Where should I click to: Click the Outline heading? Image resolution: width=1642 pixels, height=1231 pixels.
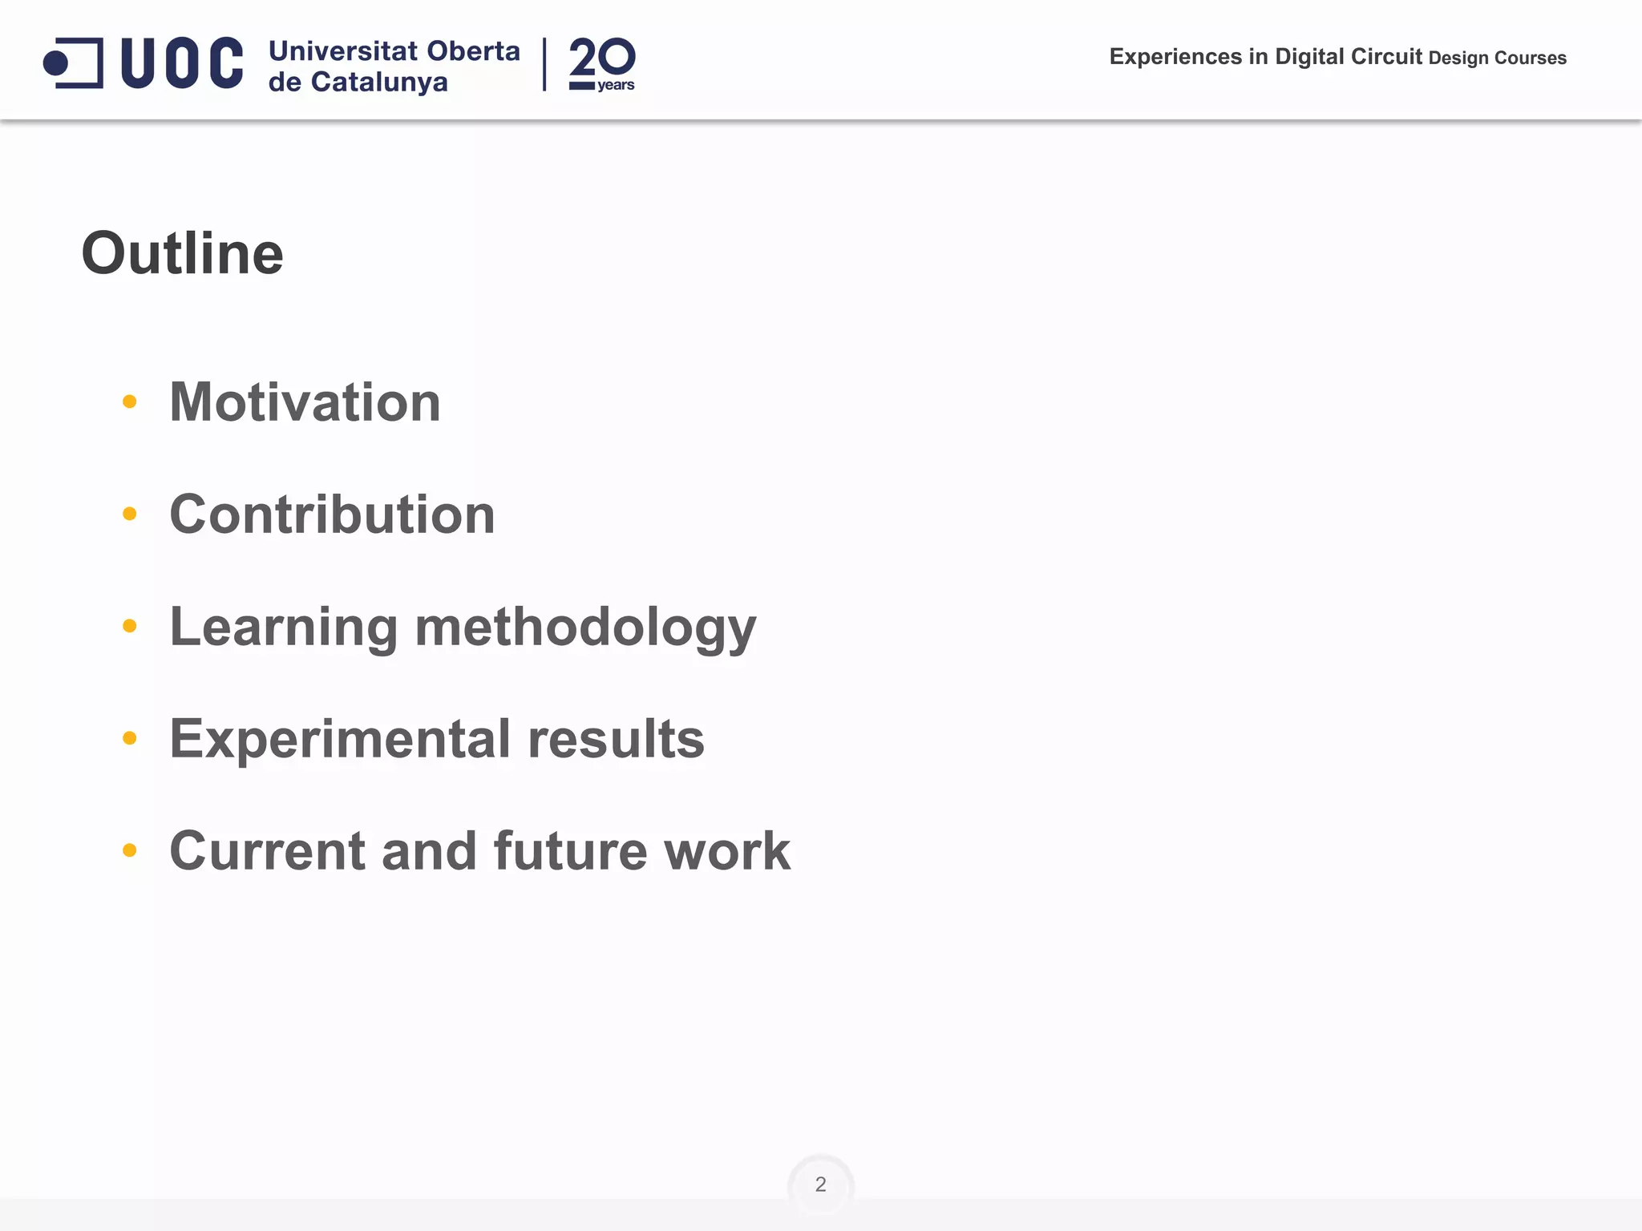pos(183,253)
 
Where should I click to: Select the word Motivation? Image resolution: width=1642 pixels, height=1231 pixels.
pos(305,402)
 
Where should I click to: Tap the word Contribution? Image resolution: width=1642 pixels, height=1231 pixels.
pos(332,514)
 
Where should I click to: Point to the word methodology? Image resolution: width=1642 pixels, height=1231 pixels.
pos(585,627)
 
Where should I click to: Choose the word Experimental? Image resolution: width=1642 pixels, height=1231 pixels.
pos(340,739)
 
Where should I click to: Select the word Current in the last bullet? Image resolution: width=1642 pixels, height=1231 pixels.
pos(268,850)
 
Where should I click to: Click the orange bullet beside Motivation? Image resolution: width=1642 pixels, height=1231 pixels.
pos(130,402)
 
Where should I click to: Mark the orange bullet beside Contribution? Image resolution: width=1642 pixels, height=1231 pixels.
pos(130,514)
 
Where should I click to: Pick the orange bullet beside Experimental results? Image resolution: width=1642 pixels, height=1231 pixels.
pos(130,738)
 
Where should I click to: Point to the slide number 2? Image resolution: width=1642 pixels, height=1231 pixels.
pos(820,1184)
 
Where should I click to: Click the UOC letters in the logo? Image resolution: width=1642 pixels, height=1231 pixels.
pos(182,63)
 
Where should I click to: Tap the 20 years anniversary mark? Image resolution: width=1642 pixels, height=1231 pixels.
pos(602,64)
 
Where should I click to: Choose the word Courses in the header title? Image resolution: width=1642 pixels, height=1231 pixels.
pos(1531,58)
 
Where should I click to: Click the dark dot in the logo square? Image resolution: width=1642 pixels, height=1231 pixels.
pos(56,63)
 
